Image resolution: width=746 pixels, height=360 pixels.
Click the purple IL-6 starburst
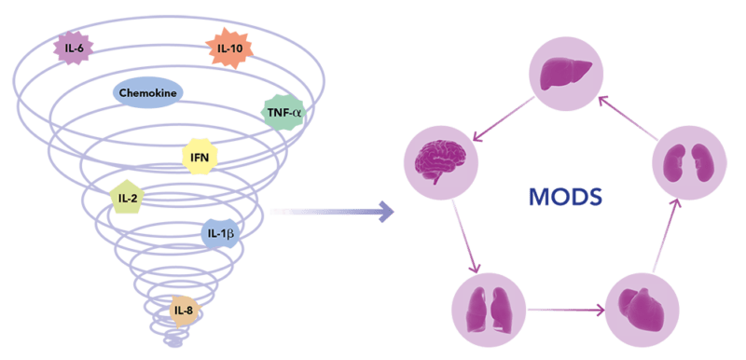(x=73, y=47)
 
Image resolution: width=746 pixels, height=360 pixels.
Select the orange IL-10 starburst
(x=230, y=48)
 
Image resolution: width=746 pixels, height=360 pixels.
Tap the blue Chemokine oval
(x=148, y=93)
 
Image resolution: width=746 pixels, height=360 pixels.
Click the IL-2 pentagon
(x=128, y=197)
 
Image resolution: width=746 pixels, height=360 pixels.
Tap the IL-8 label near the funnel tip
(x=185, y=312)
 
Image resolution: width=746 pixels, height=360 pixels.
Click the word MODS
(x=566, y=197)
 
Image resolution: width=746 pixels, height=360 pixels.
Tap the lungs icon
(x=488, y=309)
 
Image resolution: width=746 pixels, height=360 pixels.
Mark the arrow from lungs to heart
(x=566, y=310)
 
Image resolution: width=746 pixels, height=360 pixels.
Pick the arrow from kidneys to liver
(x=627, y=118)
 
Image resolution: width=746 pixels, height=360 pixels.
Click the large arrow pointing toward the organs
(x=332, y=211)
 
